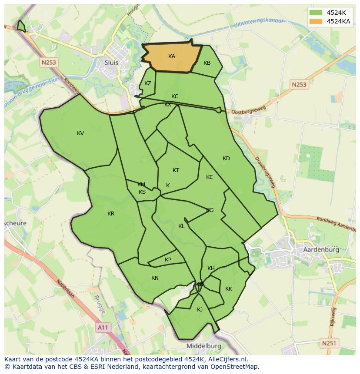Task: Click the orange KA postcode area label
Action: click(172, 56)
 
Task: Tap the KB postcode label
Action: click(207, 63)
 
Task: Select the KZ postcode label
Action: click(148, 83)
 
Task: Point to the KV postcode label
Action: click(80, 133)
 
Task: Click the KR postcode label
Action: click(111, 214)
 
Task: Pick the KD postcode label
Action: click(226, 159)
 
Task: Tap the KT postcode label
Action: click(176, 170)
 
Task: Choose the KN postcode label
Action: click(155, 278)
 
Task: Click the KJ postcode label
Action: click(200, 310)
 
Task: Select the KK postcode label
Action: click(229, 289)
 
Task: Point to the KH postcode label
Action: click(211, 268)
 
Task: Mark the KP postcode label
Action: click(168, 260)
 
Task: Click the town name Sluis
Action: click(111, 63)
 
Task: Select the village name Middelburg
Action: click(203, 346)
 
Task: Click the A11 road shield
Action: click(103, 328)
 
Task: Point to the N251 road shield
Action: click(329, 343)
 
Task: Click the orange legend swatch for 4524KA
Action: click(316, 21)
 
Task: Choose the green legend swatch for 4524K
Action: click(316, 13)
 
